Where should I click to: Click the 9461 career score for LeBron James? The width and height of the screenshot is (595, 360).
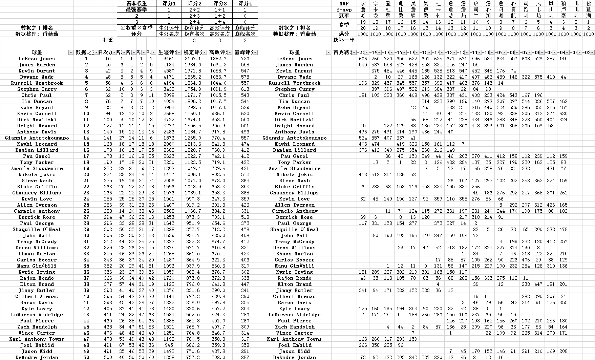click(169, 59)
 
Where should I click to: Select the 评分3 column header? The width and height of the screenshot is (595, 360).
click(220, 3)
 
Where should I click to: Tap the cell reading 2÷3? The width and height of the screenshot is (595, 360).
click(194, 16)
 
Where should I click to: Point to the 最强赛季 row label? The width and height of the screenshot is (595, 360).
click(136, 9)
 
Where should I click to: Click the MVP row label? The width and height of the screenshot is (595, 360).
click(344, 3)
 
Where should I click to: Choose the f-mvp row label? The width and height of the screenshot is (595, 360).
click(344, 9)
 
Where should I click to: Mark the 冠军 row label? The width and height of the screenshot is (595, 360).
click(344, 16)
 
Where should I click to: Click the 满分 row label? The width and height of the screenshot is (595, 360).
click(344, 34)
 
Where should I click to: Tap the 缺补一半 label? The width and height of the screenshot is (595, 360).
click(344, 40)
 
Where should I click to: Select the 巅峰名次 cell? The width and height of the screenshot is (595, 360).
click(245, 34)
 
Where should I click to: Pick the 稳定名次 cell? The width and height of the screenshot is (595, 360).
click(194, 34)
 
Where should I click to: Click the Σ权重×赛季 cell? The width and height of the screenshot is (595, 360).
click(136, 28)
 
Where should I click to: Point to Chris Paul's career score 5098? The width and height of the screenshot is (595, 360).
click(169, 95)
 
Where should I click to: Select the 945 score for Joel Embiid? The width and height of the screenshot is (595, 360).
click(169, 345)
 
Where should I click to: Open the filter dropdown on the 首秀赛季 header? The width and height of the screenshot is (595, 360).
click(354, 52)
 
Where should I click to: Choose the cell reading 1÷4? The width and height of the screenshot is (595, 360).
click(220, 22)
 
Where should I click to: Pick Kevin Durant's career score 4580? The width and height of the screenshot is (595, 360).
click(169, 71)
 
